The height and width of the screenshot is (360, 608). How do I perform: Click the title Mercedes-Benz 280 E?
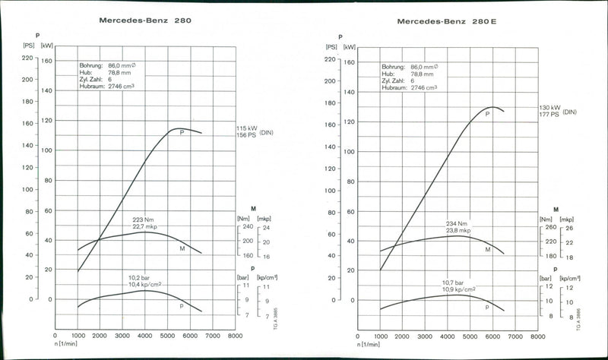click(447, 21)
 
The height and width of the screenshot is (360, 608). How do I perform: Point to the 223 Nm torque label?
click(144, 219)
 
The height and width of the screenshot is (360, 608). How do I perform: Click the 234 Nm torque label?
click(458, 223)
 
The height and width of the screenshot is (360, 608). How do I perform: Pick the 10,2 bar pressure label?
click(144, 277)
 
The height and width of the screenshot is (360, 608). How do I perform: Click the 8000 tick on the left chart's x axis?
click(236, 335)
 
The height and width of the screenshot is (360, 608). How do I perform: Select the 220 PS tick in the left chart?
click(27, 58)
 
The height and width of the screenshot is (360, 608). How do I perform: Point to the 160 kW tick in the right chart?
click(350, 62)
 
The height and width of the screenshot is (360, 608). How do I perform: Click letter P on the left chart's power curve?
click(182, 132)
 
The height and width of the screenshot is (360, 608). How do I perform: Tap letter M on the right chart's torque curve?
click(487, 248)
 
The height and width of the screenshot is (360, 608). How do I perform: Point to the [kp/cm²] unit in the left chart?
click(268, 278)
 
